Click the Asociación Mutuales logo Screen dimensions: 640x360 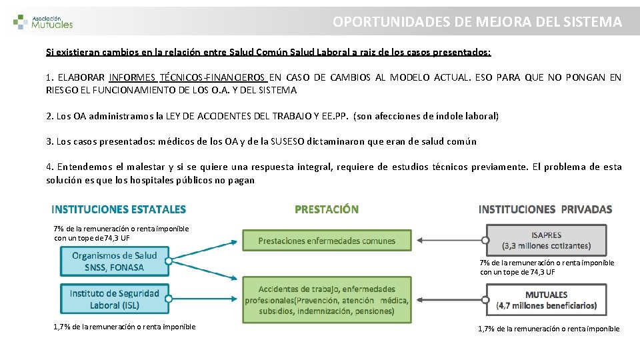point(43,22)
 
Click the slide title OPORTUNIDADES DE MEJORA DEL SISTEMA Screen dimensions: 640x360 point(477,21)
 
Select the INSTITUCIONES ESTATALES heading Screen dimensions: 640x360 point(119,209)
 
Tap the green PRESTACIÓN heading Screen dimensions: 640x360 point(327,209)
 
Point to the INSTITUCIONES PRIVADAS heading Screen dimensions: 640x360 point(545,209)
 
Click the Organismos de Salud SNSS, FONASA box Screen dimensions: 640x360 point(115,261)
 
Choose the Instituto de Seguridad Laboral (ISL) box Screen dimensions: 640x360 point(115,299)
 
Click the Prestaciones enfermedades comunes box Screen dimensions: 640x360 point(327,241)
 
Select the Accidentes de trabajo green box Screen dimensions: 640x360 point(327,300)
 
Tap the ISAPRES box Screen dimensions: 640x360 point(546,241)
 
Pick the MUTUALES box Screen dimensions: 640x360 point(546,300)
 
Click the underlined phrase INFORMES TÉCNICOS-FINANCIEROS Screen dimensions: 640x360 point(188,77)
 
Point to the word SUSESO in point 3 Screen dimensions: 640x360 point(287,141)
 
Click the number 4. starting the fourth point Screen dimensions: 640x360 point(50,167)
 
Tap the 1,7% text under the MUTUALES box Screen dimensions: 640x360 point(549,329)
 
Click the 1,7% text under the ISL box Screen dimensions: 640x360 point(125,327)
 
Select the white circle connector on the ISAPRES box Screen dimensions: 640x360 point(485,241)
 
